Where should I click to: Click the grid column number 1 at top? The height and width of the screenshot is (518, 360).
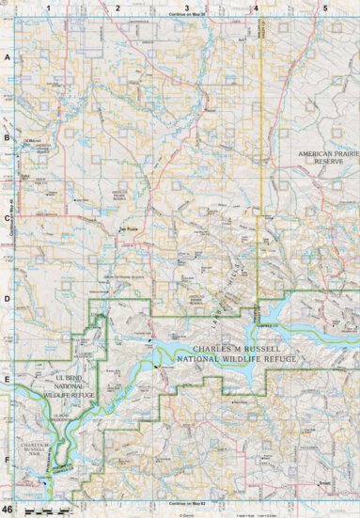coord(47,8)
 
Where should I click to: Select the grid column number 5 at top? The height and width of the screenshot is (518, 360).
coord(324,8)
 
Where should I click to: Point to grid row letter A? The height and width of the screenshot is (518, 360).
coord(8,57)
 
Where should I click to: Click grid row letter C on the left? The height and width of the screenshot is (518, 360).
coord(8,219)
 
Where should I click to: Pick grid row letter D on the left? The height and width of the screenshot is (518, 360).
coord(8,300)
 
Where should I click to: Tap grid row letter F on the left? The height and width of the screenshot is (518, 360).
coord(8,461)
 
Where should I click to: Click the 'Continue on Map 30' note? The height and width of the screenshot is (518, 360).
coord(187,15)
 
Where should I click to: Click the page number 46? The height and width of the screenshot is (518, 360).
coord(8,509)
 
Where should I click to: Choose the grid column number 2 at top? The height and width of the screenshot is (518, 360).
coord(117,8)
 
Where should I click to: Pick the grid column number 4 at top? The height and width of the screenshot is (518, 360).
coord(256,8)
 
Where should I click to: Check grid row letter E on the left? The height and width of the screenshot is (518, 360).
coord(8,381)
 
